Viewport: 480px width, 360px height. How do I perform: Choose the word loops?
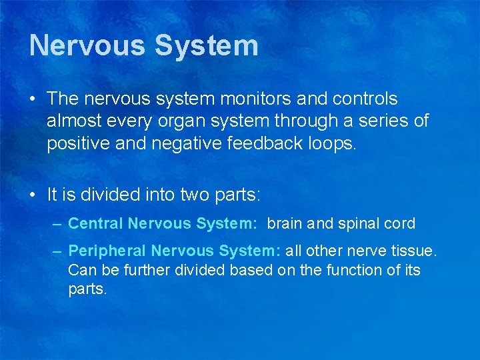pos(334,143)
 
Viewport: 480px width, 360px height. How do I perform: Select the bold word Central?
pos(95,224)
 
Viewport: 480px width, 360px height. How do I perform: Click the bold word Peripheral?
pos(107,251)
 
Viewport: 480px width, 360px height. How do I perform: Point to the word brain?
pos(284,224)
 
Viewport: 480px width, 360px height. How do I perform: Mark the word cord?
pos(400,224)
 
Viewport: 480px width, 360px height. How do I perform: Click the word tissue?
pos(414,251)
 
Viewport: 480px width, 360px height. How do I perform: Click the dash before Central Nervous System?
pos(58,225)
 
